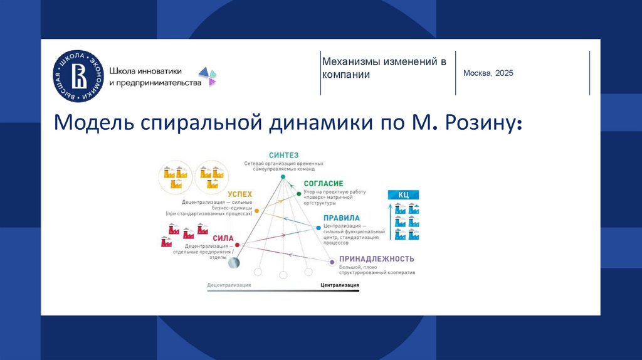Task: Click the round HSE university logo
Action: pyautogui.click(x=78, y=77)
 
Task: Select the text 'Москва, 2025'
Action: pyautogui.click(x=488, y=73)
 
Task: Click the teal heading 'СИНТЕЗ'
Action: pyautogui.click(x=283, y=155)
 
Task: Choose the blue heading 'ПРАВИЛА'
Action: pyautogui.click(x=342, y=218)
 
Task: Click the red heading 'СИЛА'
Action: pyautogui.click(x=223, y=238)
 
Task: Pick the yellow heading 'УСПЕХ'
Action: pyautogui.click(x=240, y=194)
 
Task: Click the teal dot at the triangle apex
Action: pyautogui.click(x=283, y=177)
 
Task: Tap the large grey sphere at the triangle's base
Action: pyautogui.click(x=234, y=263)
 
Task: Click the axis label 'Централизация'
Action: pyautogui.click(x=340, y=285)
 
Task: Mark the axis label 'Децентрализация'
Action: pyautogui.click(x=229, y=285)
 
